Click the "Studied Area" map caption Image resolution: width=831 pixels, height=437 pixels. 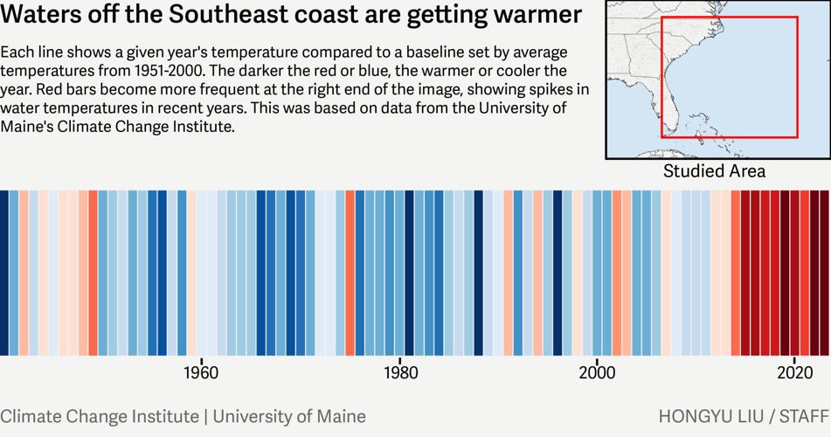714,171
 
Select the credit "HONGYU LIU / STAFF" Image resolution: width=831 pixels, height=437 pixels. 743,416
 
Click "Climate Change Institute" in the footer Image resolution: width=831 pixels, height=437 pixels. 100,416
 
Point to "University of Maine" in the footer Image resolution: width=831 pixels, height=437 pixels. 289,416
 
